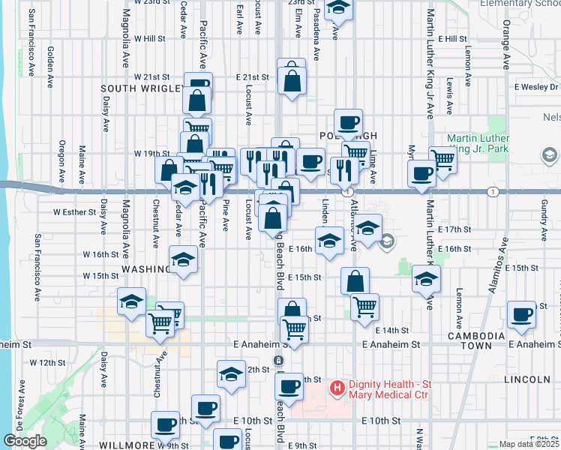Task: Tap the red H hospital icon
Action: [x=337, y=388]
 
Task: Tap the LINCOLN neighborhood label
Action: [x=527, y=380]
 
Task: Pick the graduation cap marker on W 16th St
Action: [x=182, y=259]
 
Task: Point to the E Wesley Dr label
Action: [x=537, y=87]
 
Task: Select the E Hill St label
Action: [x=453, y=38]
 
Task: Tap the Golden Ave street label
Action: [x=50, y=61]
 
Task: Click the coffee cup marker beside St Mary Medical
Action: [x=289, y=387]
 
